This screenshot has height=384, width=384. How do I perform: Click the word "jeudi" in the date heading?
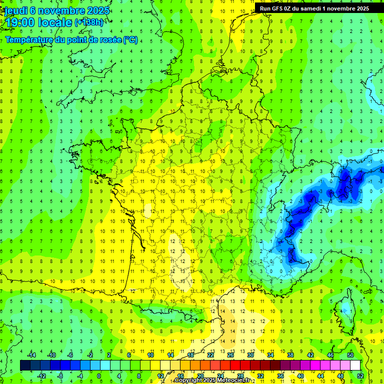click(15, 10)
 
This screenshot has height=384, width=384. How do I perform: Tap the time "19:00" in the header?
click(18, 22)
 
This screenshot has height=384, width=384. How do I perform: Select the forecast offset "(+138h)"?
click(89, 22)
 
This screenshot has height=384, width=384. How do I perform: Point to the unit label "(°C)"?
click(130, 40)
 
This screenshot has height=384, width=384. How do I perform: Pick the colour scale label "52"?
click(360, 375)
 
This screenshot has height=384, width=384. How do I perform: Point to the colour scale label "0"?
click(99, 375)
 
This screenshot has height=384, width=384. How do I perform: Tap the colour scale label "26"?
click(230, 355)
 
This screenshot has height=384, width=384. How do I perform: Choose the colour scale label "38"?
click(290, 355)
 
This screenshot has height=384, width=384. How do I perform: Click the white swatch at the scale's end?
click(355, 365)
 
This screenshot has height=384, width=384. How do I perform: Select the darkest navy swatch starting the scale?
click(25, 365)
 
